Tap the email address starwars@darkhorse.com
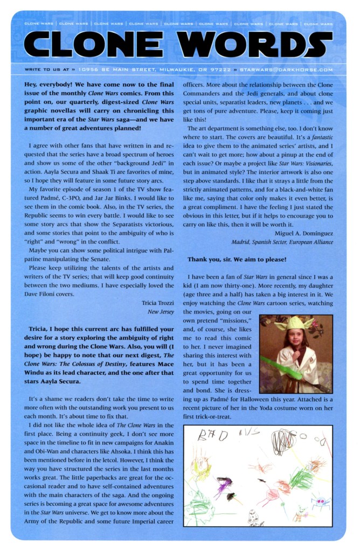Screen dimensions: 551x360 click(286, 70)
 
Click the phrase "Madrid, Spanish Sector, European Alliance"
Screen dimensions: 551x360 click(282, 242)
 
